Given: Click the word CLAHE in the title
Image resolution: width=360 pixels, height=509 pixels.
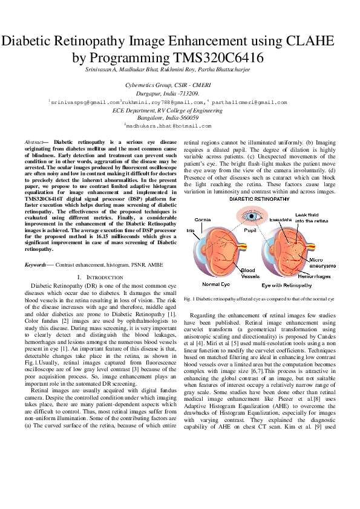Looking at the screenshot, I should click(304, 42).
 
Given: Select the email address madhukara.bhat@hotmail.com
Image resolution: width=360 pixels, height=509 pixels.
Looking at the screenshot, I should click(168, 126).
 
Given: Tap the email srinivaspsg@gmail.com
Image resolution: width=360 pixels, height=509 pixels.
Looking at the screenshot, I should click(85, 103).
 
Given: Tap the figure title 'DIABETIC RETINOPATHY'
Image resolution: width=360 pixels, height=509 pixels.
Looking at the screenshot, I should click(260, 198).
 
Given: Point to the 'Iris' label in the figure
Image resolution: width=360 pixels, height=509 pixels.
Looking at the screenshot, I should click(191, 230).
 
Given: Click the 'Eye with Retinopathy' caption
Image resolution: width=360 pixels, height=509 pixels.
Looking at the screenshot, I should click(286, 284).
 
